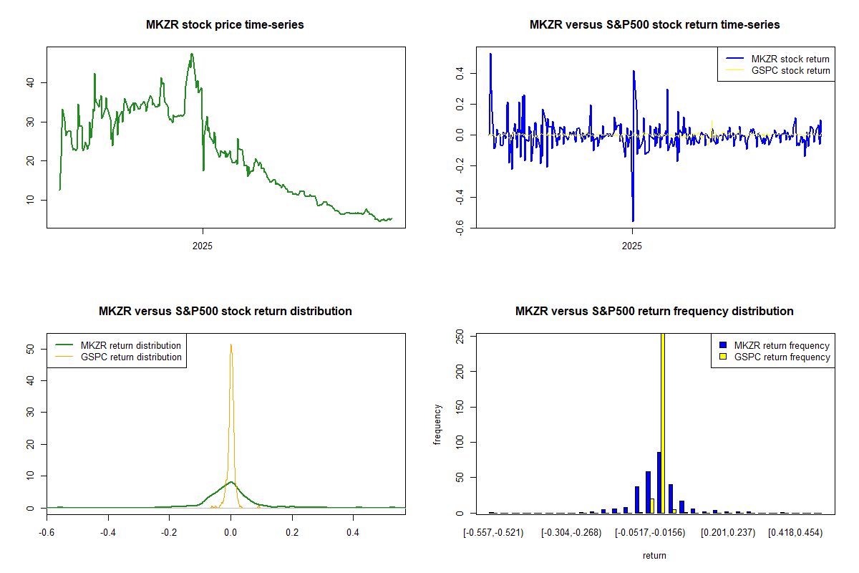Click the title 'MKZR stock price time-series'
click(225, 25)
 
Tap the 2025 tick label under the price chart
click(203, 245)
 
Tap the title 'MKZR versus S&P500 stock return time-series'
click(654, 25)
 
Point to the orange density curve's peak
click(230, 345)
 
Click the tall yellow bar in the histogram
click(662, 423)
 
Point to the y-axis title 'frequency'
click(438, 424)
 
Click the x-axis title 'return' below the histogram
click(654, 555)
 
